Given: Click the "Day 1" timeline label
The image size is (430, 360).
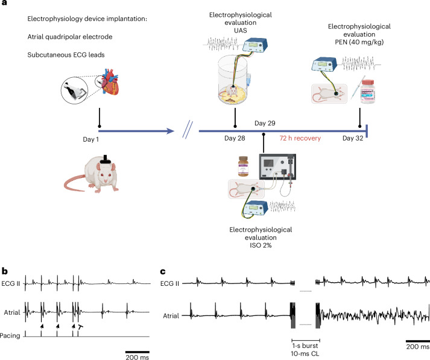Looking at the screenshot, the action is [91, 139].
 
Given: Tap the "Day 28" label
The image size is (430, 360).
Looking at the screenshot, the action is [235, 138].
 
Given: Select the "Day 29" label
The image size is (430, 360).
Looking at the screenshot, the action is [265, 123].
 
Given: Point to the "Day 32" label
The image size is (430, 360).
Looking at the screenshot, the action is [353, 138].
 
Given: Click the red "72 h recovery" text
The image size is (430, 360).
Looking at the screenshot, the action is [300, 138].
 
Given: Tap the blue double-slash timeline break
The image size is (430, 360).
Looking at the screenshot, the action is [188, 130].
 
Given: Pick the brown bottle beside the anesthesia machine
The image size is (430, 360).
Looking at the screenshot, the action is [243, 166].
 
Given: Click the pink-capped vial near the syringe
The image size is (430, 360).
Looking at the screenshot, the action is [367, 92].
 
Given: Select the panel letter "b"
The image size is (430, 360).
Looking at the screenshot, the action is [5, 271].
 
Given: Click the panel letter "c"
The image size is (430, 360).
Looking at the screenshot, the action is [163, 272].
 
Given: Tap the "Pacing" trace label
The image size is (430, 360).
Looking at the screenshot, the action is [10, 336].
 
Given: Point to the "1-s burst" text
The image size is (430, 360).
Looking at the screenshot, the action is [305, 346].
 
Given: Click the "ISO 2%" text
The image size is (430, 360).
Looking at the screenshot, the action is [261, 245].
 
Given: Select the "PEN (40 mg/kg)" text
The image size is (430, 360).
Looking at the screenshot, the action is [359, 42].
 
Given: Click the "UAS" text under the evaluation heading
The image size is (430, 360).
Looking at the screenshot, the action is [241, 30].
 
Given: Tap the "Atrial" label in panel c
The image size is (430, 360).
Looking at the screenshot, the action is [171, 316].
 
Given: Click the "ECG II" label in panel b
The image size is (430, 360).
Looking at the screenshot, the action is [11, 283].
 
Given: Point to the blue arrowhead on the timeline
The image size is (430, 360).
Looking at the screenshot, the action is [170, 131].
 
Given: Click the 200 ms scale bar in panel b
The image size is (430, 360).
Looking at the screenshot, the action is [138, 352].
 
